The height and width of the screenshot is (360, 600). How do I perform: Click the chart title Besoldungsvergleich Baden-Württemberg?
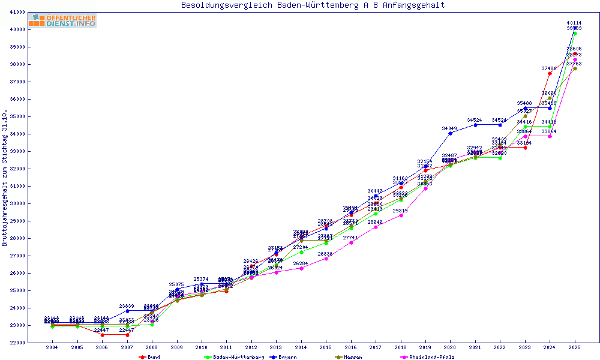coord(313,5)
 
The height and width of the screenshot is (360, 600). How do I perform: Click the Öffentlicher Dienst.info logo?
coord(62,21)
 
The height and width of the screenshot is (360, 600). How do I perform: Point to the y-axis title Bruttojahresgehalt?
coord(5,178)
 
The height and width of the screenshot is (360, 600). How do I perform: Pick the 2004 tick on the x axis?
coord(52,347)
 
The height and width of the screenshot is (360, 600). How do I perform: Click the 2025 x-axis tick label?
coord(575,347)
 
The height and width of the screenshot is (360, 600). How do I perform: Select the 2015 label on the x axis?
coord(326,347)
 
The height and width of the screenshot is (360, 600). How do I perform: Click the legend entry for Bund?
coord(154,357)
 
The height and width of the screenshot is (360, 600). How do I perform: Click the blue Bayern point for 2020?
coord(450,133)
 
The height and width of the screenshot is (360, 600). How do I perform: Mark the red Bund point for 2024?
coord(550,73)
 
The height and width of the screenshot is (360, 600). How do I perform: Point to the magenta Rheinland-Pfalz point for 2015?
coord(326,259)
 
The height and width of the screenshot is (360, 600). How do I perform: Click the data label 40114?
coord(574,23)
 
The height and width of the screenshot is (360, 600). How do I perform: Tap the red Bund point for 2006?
coord(102,335)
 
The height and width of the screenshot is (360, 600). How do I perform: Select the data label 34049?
coord(450,128)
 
